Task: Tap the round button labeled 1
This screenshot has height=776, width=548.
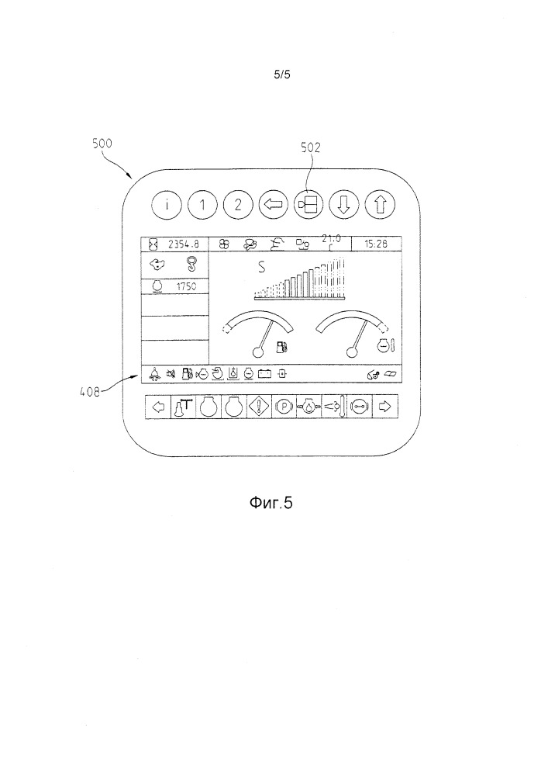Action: (x=202, y=205)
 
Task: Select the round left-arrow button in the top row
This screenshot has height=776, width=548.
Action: (x=272, y=205)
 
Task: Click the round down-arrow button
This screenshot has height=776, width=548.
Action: (x=343, y=205)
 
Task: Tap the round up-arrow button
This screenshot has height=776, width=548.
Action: (x=380, y=205)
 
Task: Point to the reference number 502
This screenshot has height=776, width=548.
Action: (x=310, y=146)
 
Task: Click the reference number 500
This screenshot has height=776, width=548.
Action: (x=102, y=144)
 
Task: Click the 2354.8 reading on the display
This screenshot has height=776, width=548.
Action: (x=184, y=244)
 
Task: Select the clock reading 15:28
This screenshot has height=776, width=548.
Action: (x=377, y=244)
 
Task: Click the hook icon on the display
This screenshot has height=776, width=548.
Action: (x=188, y=265)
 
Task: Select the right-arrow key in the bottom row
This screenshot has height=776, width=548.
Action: (x=384, y=406)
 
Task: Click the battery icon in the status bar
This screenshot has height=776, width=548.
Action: (x=264, y=373)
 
